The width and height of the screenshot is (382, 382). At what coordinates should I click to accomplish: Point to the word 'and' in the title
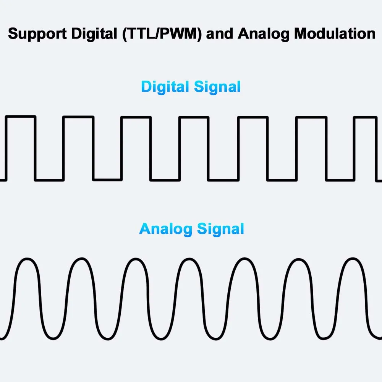point(221,34)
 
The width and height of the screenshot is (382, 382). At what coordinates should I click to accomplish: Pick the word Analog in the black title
point(264,34)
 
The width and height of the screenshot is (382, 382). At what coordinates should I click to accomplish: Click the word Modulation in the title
point(335,34)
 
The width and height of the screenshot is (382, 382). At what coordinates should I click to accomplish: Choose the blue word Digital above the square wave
point(165,87)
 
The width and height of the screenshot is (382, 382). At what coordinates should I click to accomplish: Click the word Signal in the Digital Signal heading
point(217,87)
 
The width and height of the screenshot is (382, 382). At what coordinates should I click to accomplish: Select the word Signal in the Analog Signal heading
point(220,229)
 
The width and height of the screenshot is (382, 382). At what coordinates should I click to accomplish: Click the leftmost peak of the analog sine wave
point(26,259)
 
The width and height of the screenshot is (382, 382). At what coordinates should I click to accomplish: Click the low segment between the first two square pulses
point(49,180)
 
